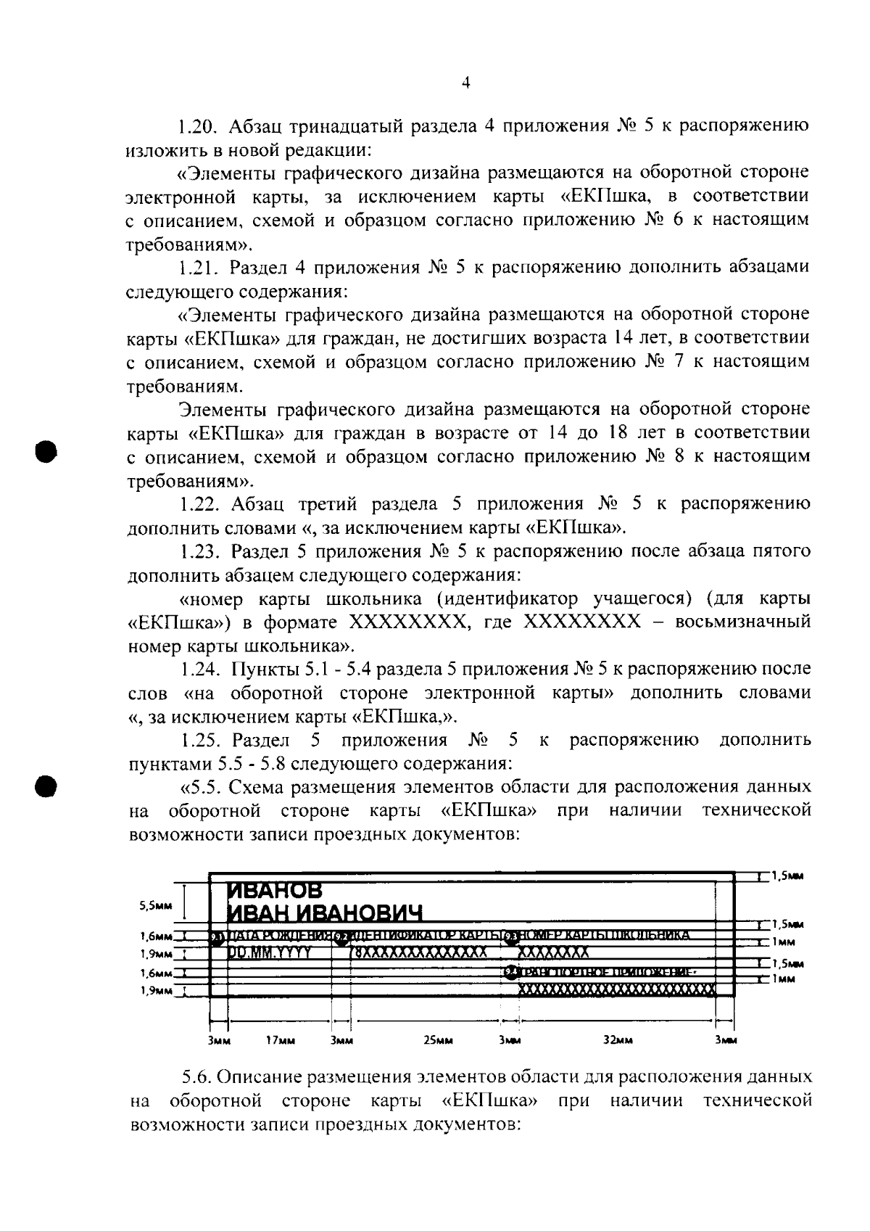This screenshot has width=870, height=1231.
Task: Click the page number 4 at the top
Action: (466, 83)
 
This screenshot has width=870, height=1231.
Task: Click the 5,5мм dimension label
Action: (156, 905)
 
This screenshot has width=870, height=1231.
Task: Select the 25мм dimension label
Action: (438, 1040)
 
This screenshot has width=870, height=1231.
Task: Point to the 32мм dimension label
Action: (618, 1040)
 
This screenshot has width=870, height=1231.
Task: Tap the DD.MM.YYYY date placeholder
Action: (270, 952)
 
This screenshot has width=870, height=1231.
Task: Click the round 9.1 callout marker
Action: (216, 938)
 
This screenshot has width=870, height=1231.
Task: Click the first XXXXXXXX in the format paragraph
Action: (405, 622)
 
